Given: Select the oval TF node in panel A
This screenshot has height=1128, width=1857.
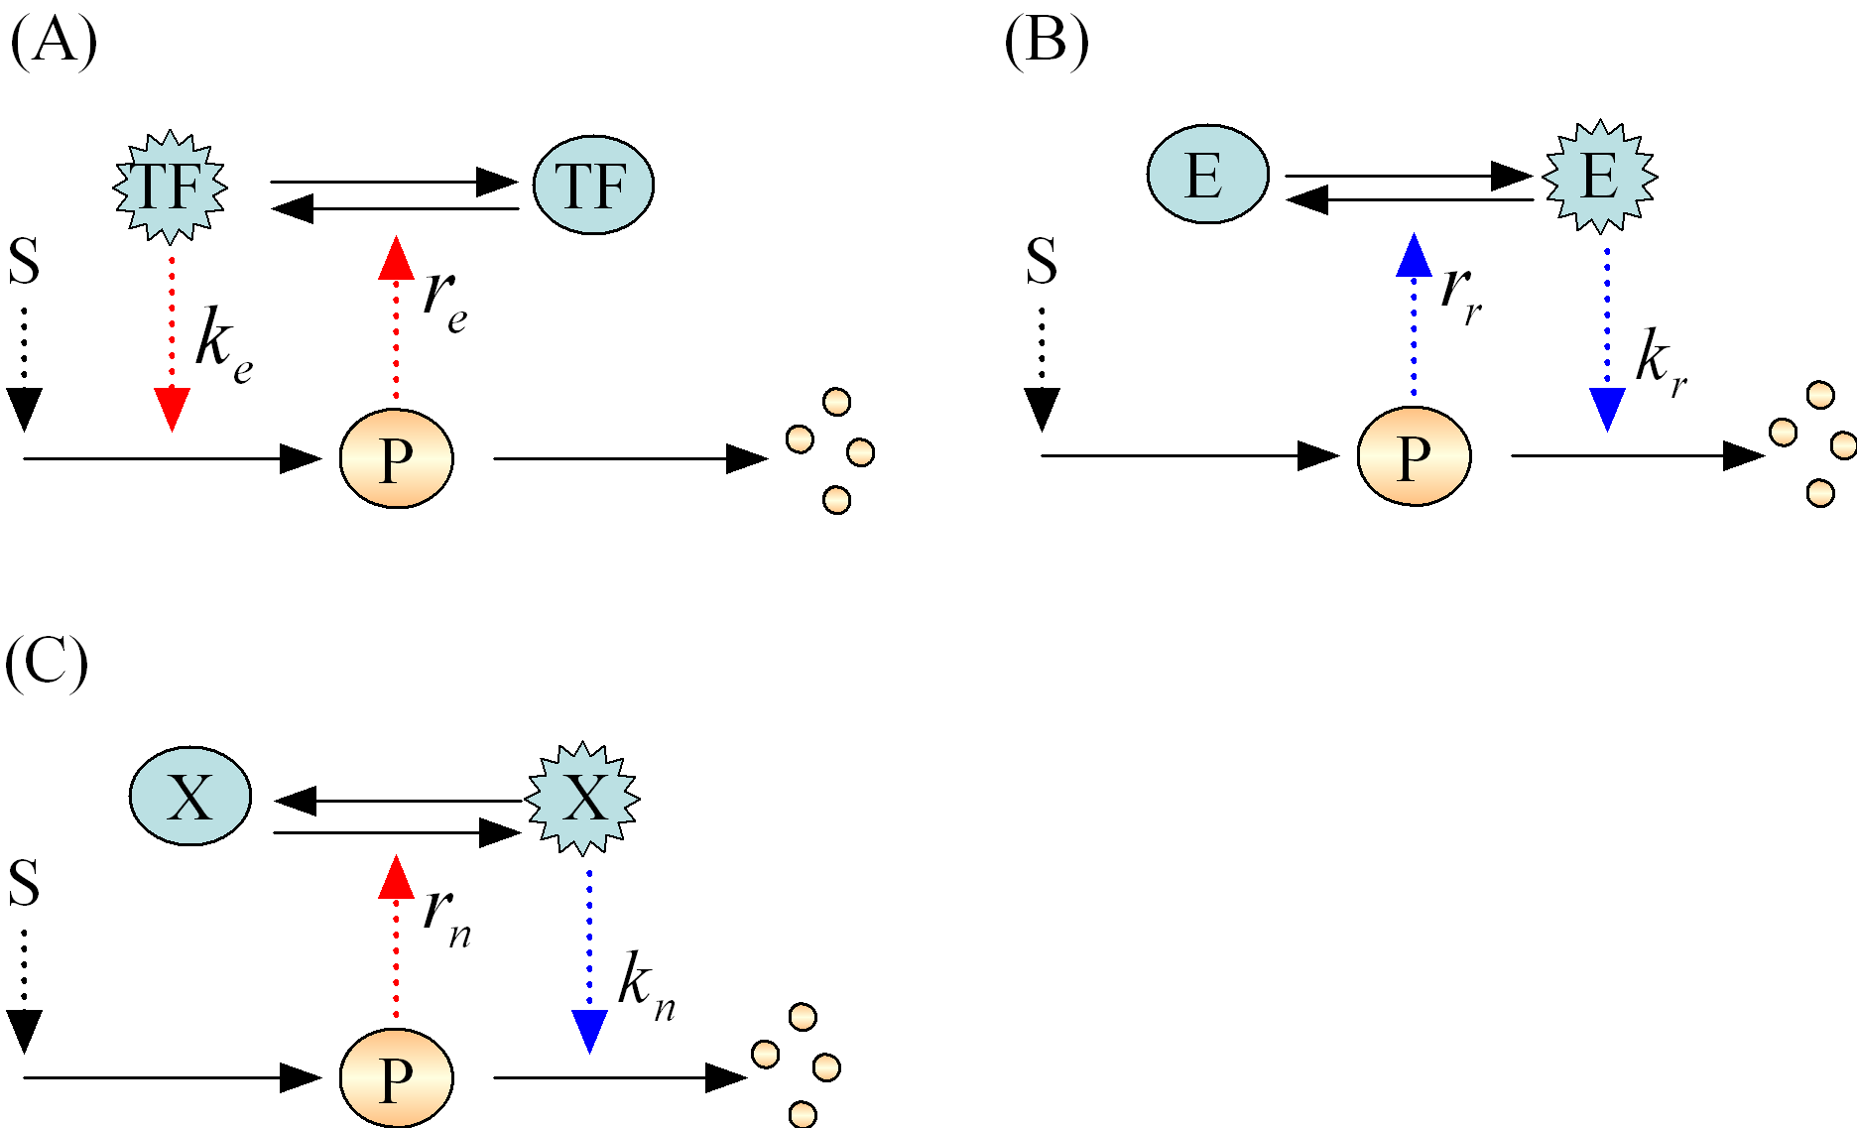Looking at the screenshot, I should (592, 186).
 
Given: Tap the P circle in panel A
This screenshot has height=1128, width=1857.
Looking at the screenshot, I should (396, 458).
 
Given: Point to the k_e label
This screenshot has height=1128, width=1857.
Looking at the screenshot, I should (222, 344).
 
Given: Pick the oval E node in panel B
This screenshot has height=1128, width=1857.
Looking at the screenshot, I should (1207, 176).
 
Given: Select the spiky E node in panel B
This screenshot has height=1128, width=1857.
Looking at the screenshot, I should (1599, 177).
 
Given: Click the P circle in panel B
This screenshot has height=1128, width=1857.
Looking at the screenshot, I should (1413, 456).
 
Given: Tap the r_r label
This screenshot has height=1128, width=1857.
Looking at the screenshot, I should (1460, 294).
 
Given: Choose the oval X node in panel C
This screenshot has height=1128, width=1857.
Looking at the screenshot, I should (190, 797).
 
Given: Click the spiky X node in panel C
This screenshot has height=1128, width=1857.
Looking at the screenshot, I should (583, 798).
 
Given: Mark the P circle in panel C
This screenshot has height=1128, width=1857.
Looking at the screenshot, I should (396, 1077).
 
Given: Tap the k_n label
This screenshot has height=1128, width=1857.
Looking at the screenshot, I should (646, 986).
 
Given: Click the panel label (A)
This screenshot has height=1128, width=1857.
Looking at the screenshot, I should (54, 44).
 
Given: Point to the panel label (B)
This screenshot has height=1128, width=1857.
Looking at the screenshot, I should (1047, 44).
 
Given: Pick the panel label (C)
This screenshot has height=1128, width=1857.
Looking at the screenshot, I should (47, 663).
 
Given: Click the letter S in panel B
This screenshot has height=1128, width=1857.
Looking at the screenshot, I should (1042, 262).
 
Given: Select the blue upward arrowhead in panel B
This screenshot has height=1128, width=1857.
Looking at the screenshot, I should (1414, 256).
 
